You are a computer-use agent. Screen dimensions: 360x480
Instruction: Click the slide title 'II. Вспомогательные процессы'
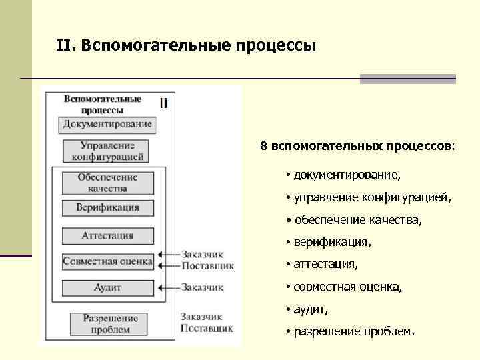[x=186, y=45]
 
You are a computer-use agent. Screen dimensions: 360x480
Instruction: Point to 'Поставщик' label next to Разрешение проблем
[x=206, y=329]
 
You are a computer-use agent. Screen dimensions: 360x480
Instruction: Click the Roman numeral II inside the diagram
[x=163, y=103]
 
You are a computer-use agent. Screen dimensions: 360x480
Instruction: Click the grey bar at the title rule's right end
[x=407, y=79]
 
